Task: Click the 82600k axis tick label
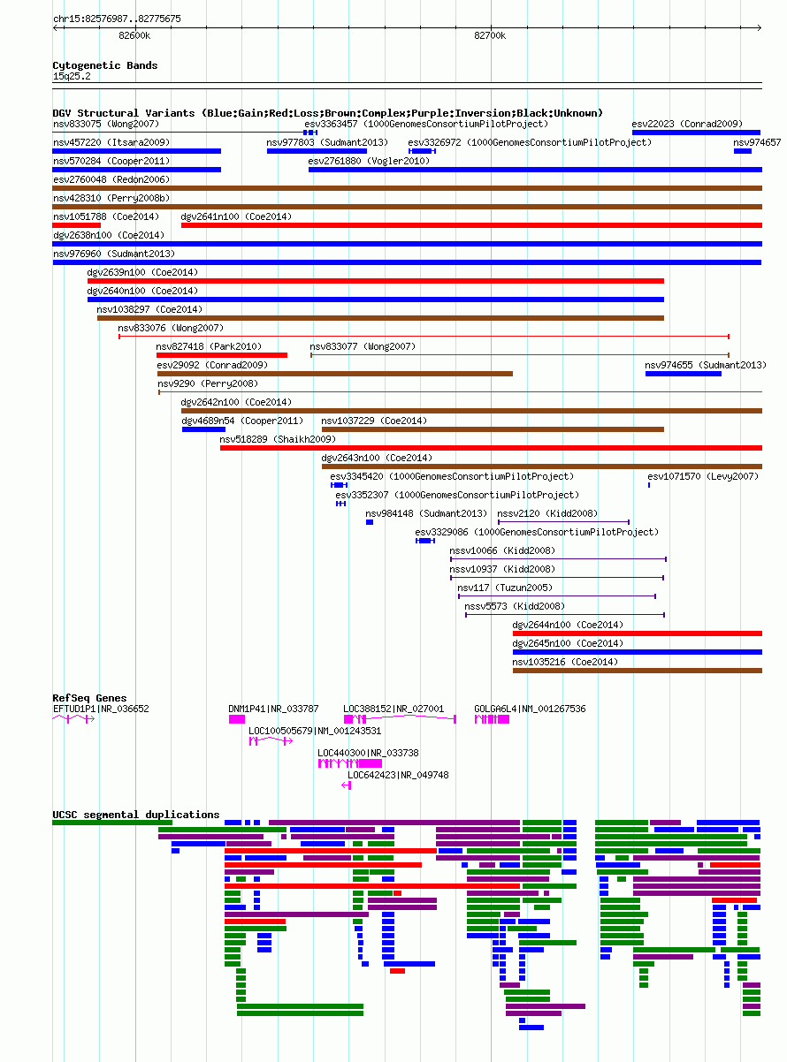coord(134,36)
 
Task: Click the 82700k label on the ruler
coord(489,36)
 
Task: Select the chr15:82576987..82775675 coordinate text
coord(117,19)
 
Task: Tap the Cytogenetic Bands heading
coord(105,65)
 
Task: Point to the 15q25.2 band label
coord(72,76)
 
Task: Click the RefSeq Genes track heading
coord(89,698)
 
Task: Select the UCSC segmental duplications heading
coord(135,815)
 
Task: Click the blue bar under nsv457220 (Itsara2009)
coord(137,151)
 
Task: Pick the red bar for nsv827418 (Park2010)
coord(222,355)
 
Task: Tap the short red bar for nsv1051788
coord(77,225)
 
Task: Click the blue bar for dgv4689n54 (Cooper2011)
coord(203,429)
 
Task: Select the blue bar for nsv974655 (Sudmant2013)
coord(683,374)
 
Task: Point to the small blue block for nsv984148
coord(370,522)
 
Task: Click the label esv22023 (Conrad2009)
coord(687,124)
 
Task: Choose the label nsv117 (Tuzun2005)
coord(505,588)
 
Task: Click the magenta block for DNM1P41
coord(237,719)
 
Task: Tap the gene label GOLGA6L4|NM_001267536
coord(530,709)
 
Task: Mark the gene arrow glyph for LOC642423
coord(347,785)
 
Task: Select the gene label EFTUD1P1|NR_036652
coord(101,709)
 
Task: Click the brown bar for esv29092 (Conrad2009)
coord(335,374)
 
